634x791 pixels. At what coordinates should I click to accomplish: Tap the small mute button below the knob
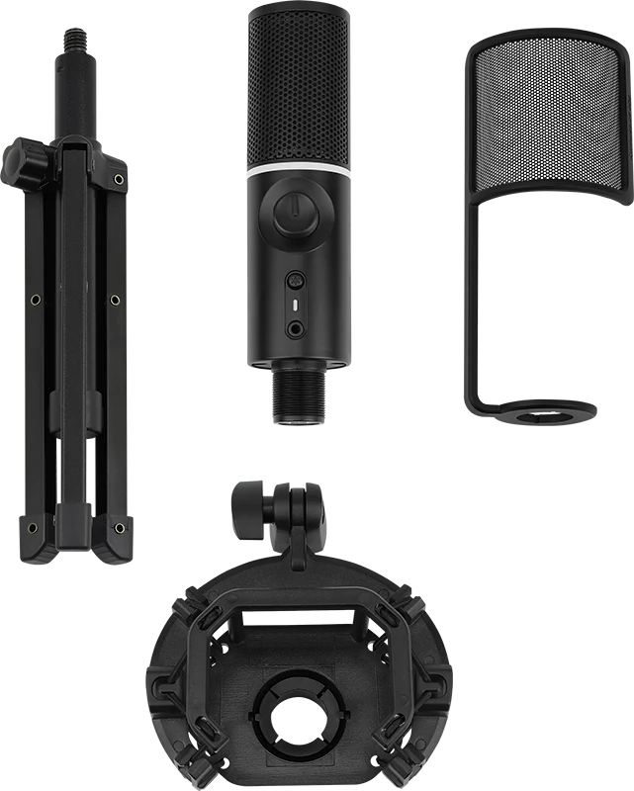click(295, 279)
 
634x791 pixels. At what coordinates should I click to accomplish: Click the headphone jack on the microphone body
click(295, 327)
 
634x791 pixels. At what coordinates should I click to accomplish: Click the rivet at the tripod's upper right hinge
click(119, 179)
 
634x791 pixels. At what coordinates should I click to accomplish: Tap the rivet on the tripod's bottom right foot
click(119, 528)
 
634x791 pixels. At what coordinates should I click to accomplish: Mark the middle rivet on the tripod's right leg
click(116, 300)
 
